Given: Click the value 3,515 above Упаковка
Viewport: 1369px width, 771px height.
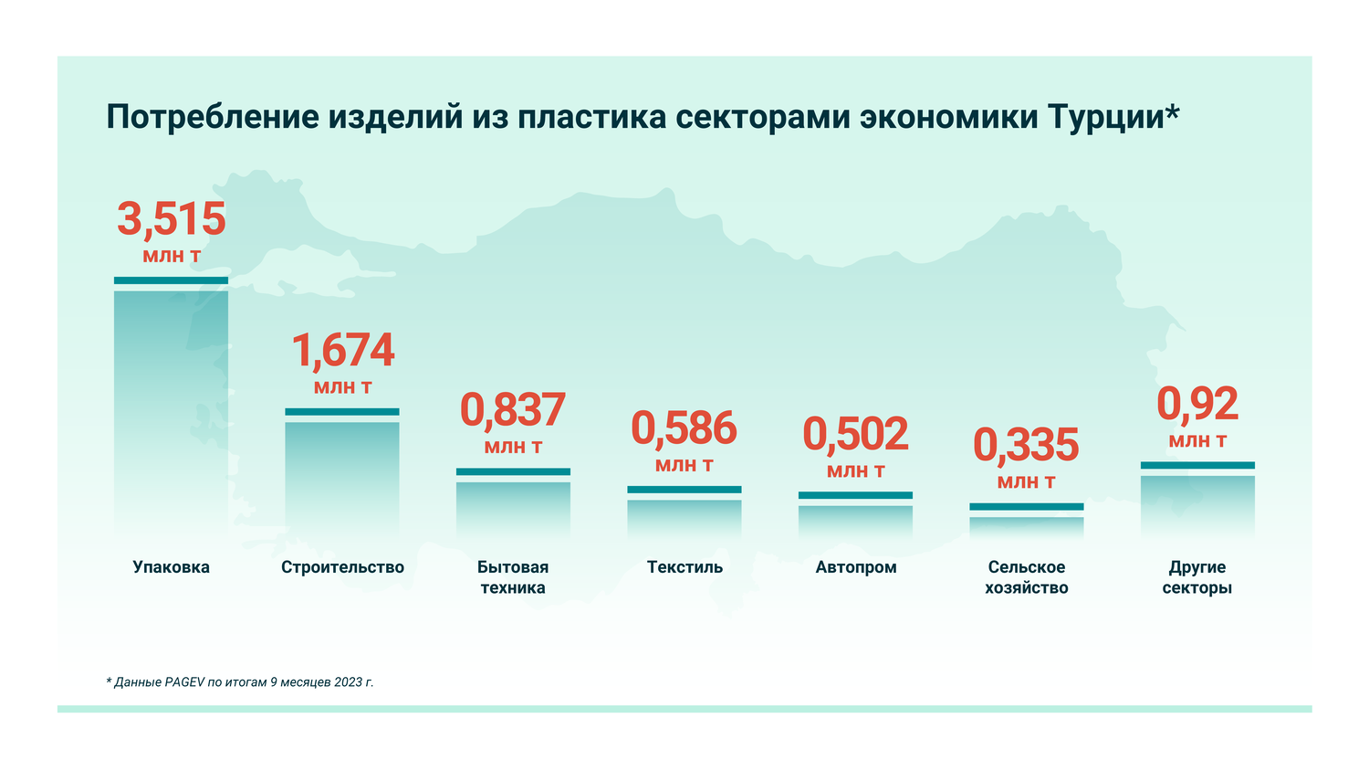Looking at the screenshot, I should pyautogui.click(x=172, y=220).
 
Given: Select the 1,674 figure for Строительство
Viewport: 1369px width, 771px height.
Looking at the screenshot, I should pyautogui.click(x=342, y=351).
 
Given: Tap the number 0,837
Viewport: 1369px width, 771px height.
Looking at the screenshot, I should pyautogui.click(x=513, y=410).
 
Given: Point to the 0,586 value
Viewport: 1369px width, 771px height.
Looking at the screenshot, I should pyautogui.click(x=684, y=428).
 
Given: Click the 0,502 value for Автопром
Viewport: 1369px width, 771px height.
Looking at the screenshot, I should pyautogui.click(x=855, y=435).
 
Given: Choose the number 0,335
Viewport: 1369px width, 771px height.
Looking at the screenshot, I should pyautogui.click(x=1026, y=446).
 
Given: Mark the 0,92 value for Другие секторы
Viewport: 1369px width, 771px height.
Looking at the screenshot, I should pyautogui.click(x=1197, y=405).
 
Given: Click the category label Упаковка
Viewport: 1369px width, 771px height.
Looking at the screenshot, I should pyautogui.click(x=171, y=567).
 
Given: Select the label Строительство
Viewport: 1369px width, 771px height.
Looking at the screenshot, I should pyautogui.click(x=342, y=567).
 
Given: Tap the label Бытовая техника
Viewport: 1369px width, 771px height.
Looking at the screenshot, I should pyautogui.click(x=513, y=577).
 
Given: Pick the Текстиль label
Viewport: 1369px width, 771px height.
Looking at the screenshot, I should pyautogui.click(x=684, y=567).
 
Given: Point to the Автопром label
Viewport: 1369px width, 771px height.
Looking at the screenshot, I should pyautogui.click(x=855, y=567).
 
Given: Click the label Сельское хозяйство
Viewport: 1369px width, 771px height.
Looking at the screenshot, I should pyautogui.click(x=1026, y=577).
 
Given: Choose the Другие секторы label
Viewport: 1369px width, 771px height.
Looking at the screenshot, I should pyautogui.click(x=1197, y=577).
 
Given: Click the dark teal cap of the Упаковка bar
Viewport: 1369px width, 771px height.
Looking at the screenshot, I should pyautogui.click(x=171, y=280).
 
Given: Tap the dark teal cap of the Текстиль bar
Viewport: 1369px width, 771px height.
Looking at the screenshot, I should pyautogui.click(x=684, y=490).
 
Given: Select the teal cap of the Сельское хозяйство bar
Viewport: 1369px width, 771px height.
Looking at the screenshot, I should pyautogui.click(x=1026, y=506).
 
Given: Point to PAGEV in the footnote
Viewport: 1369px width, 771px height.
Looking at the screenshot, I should pyautogui.click(x=184, y=682).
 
